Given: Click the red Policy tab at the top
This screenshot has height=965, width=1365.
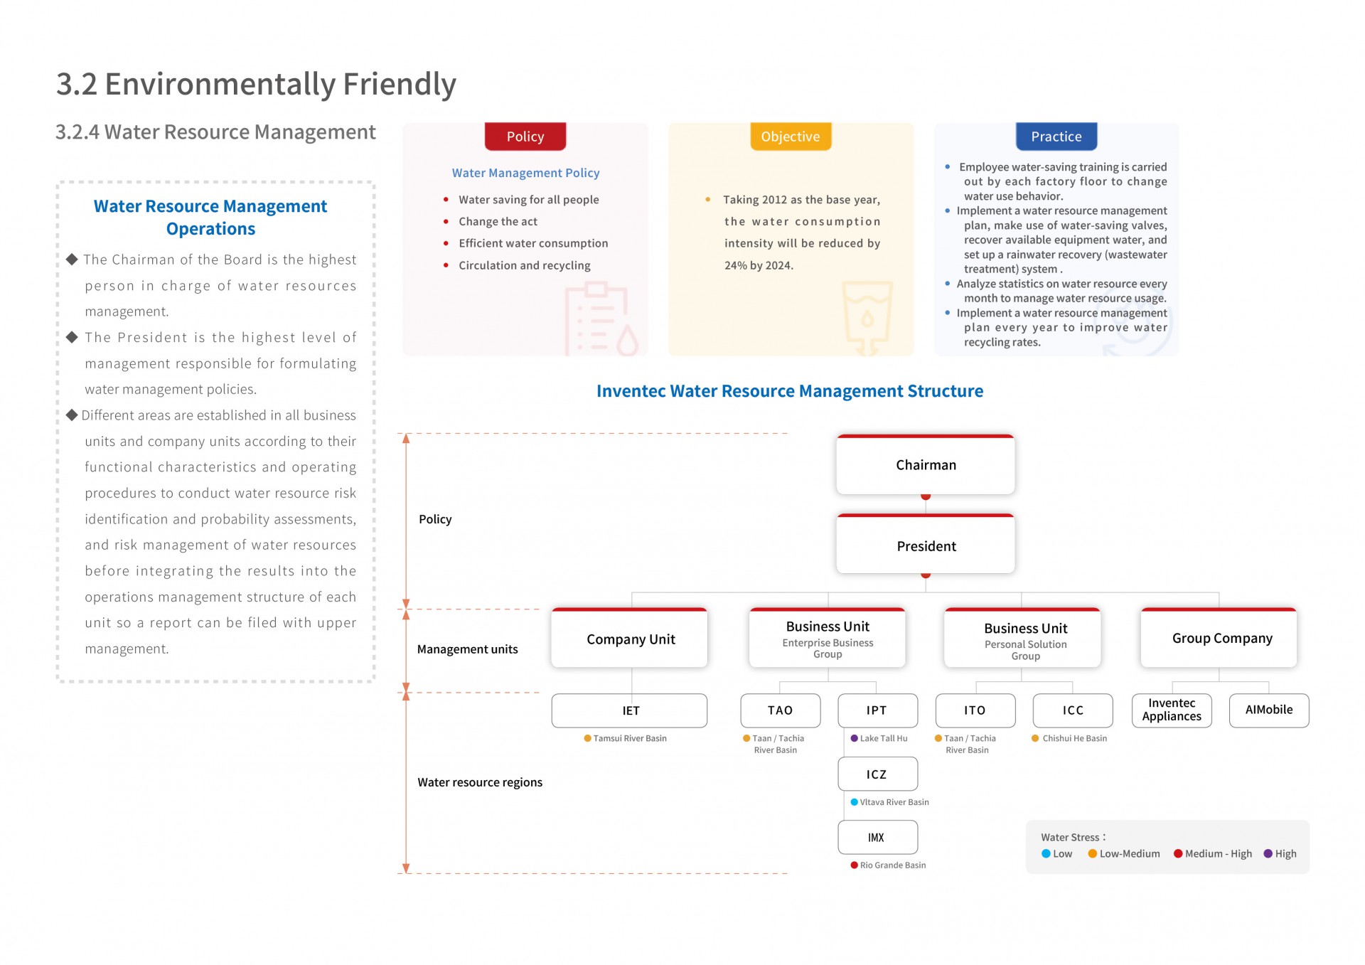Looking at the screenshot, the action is click(x=525, y=137).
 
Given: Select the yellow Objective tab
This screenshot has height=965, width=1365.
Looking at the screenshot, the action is click(x=791, y=137).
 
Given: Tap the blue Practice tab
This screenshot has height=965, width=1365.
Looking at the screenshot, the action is click(x=1056, y=137).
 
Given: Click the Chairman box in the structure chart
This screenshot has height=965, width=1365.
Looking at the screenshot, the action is click(x=926, y=464).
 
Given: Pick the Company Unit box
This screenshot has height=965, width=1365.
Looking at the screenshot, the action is click(x=630, y=638).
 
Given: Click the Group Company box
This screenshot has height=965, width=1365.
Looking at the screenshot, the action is click(x=1219, y=638).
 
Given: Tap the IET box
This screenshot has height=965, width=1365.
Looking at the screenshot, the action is click(x=630, y=710).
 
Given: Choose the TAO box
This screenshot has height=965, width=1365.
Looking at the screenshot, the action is click(x=781, y=710).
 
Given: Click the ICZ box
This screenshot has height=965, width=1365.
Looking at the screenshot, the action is click(x=878, y=774).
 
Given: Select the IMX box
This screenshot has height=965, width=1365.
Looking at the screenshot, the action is click(x=878, y=837).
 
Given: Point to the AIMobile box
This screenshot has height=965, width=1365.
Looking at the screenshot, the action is click(x=1270, y=710).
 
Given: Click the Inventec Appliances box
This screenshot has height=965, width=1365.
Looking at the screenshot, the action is click(x=1172, y=710).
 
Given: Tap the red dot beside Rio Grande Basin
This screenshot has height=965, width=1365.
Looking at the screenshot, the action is click(x=855, y=865).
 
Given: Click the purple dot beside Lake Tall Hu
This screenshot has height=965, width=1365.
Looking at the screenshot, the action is click(x=855, y=738).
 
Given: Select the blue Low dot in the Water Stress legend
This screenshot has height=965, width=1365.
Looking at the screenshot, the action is click(x=1046, y=853).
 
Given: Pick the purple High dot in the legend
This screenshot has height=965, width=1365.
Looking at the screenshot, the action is click(x=1268, y=853).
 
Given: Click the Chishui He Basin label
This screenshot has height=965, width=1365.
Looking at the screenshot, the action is click(x=1074, y=738).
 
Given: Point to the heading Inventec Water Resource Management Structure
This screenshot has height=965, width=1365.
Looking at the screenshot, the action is click(x=790, y=391).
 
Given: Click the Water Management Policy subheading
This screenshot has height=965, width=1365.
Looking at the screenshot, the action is click(x=526, y=173).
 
